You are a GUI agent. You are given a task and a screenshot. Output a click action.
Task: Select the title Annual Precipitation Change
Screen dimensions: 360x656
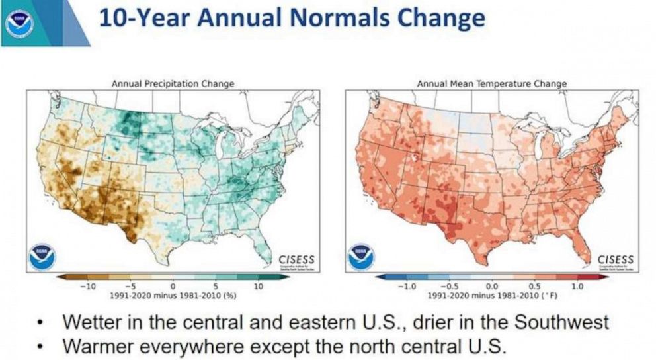click(173, 84)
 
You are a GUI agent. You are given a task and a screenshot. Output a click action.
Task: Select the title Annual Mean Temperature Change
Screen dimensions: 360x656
click(491, 84)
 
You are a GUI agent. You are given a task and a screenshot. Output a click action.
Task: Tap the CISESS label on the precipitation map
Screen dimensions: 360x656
click(296, 259)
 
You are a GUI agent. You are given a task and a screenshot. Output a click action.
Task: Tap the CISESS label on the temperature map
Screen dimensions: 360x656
click(616, 259)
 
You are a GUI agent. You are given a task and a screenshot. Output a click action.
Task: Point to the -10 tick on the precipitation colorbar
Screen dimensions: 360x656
click(87, 286)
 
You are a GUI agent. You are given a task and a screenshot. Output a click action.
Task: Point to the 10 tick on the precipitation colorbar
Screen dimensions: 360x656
click(258, 286)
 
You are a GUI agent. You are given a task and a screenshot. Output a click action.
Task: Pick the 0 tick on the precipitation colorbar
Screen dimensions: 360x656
click(173, 286)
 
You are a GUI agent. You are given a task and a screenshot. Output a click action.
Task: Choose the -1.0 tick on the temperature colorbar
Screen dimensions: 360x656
click(405, 286)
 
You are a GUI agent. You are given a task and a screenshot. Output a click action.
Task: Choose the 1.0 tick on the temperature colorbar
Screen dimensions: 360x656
click(577, 286)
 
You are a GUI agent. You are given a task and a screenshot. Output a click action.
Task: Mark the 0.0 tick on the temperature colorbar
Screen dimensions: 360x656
click(492, 286)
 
